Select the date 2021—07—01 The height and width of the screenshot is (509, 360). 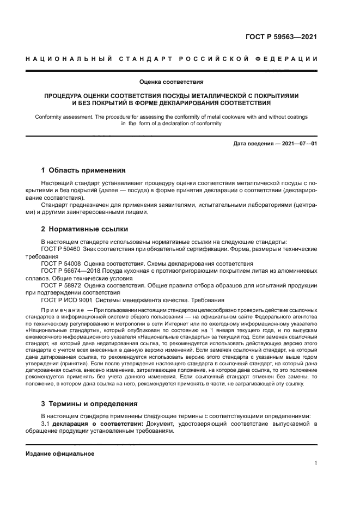coord(299,144)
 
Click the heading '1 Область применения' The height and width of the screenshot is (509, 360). coord(83,170)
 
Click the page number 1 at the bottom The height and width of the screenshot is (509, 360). coord(315,463)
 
